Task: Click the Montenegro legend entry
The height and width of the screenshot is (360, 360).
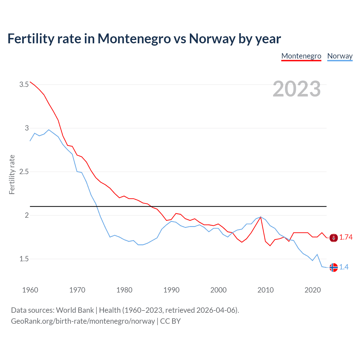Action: [301, 56]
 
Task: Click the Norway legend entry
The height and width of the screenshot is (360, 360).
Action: [340, 56]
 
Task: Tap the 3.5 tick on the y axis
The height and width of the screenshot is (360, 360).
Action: [24, 84]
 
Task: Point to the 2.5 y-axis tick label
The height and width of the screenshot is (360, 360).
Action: [24, 172]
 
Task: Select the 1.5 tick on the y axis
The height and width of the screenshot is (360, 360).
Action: [24, 259]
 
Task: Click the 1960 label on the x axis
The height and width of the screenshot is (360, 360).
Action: [30, 290]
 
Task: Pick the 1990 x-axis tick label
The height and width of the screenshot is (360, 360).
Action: [171, 290]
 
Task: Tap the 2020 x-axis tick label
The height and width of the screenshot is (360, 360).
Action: [312, 290]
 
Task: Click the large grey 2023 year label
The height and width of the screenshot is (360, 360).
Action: [297, 89]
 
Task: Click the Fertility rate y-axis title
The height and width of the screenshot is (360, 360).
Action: [12, 174]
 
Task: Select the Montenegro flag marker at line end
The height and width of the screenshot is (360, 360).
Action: [334, 238]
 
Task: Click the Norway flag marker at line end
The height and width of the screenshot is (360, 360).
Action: [334, 267]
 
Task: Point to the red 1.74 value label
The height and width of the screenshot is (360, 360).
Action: [346, 237]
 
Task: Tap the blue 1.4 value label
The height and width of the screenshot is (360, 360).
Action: [344, 267]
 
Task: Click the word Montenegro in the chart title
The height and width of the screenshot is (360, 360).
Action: [134, 39]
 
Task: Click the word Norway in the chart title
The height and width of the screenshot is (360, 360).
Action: [212, 39]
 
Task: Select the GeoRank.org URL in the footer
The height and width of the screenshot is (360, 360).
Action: [83, 321]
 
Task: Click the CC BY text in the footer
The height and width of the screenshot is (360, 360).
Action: [170, 321]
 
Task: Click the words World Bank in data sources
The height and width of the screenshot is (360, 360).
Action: [75, 310]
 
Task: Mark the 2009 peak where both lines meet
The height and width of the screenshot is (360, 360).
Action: [261, 217]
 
